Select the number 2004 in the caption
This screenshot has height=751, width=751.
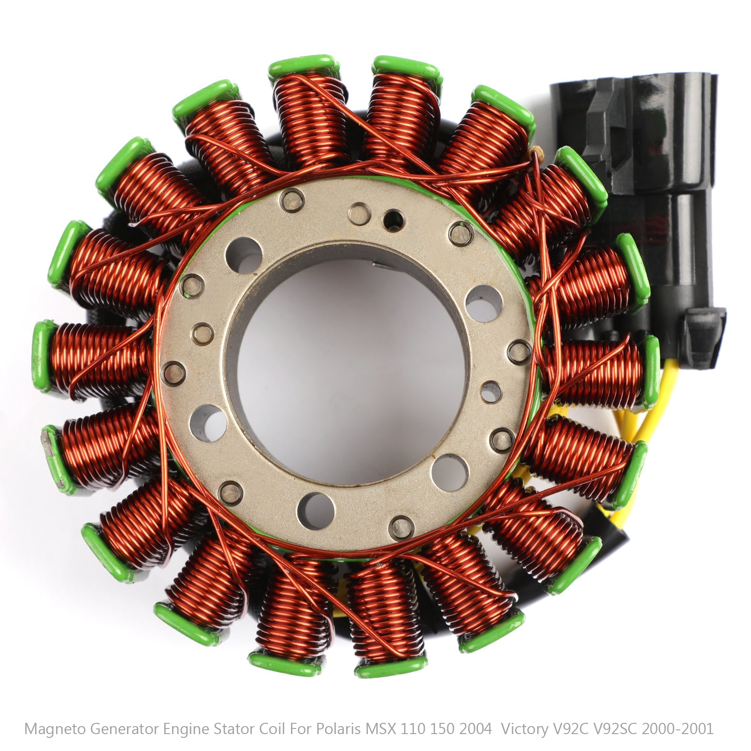[x=475, y=729]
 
